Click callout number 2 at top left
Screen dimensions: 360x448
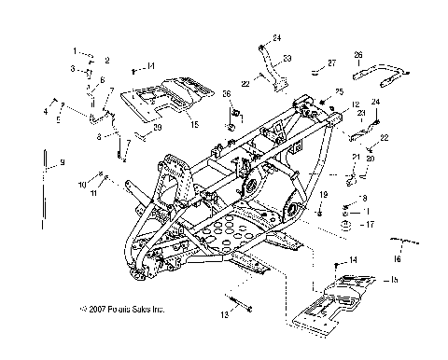tap(106, 60)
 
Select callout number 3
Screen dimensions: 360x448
tap(72, 69)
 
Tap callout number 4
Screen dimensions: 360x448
tap(44, 111)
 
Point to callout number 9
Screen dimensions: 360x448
tap(63, 163)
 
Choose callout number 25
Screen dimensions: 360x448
tap(340, 91)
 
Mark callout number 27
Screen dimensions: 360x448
tap(330, 63)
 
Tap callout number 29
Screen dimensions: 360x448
tap(158, 127)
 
